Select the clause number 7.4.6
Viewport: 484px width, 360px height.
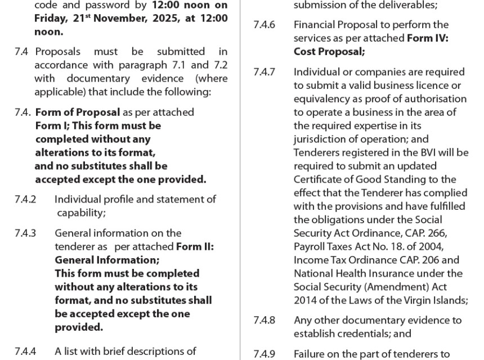(x=264, y=25)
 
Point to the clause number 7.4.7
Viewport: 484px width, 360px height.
(x=264, y=72)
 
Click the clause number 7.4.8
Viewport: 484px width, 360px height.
(x=264, y=320)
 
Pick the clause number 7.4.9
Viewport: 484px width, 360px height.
(x=264, y=354)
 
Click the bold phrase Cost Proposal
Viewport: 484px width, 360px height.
(x=328, y=52)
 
